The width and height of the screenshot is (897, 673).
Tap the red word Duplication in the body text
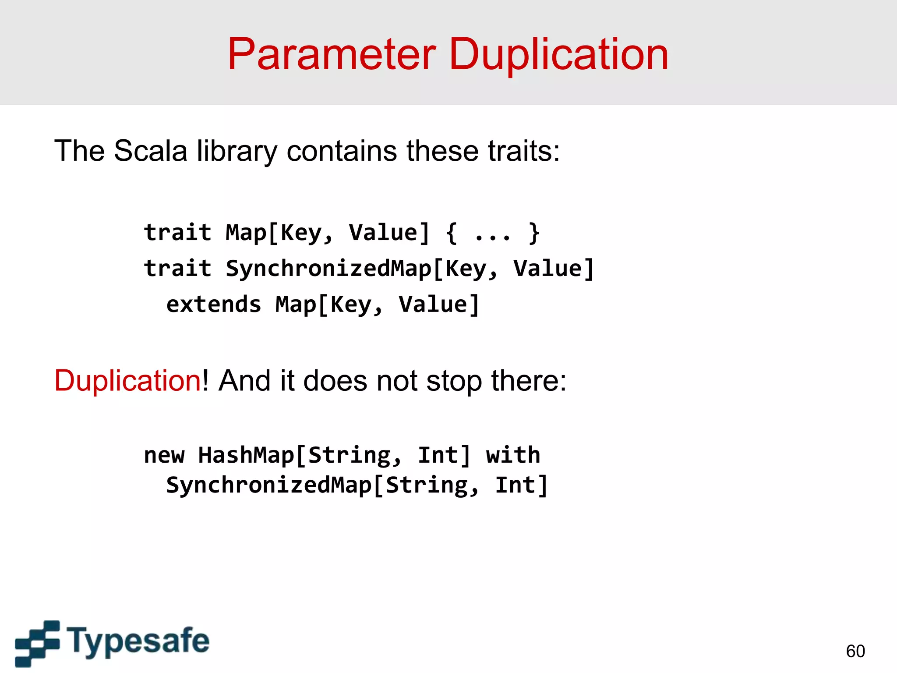coord(127,380)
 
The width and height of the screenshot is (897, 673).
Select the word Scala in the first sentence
coord(151,151)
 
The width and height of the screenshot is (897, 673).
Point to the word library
coord(237,151)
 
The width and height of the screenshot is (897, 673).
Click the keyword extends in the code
coord(214,305)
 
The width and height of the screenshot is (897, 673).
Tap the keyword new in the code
coord(164,456)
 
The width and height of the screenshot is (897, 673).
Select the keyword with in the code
coord(513,455)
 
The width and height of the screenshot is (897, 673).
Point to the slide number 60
coord(855,651)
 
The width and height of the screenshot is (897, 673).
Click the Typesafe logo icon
coord(37,643)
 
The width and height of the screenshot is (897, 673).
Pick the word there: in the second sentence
coord(529,380)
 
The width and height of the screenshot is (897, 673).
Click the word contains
coord(342,151)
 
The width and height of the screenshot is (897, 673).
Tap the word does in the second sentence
coord(335,380)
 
